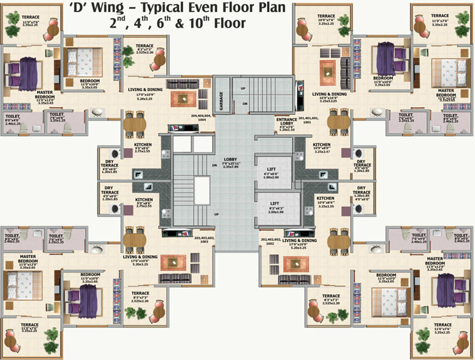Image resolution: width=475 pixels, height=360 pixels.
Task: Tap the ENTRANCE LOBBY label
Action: pos(287,122)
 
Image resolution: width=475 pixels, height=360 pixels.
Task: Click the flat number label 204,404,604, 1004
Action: pos(203,118)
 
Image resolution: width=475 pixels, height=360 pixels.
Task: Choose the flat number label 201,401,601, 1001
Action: pos(309,120)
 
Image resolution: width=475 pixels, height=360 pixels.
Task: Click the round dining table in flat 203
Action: pos(135,240)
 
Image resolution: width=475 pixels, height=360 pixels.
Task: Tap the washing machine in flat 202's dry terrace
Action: pos(358,209)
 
